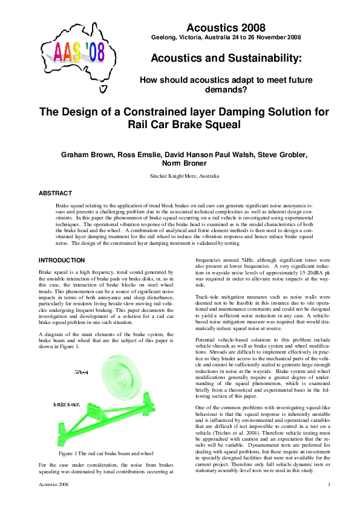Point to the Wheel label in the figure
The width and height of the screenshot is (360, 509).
tap(81, 357)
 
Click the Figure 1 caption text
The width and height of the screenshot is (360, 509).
tap(106, 453)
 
